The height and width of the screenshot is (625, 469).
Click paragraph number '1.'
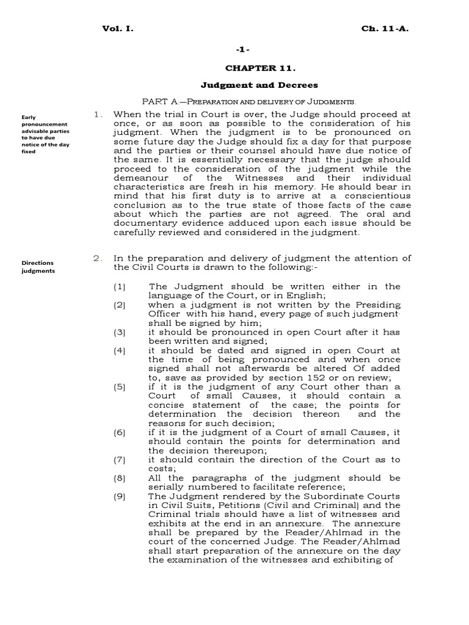point(97,114)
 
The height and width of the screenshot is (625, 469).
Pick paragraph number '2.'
point(97,258)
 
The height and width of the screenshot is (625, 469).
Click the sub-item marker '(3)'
point(120,333)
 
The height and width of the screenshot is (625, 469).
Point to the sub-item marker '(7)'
point(120,460)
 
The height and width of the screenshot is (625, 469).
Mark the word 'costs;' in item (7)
point(162,469)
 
